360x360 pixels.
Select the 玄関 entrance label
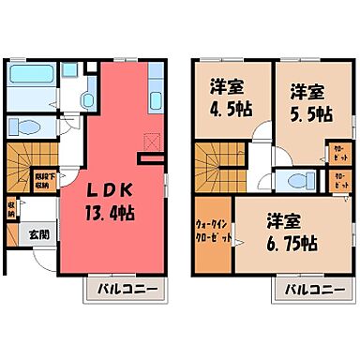tap(37, 235)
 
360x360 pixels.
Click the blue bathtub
tap(32, 90)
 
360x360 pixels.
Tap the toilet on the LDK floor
tap(26, 129)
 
